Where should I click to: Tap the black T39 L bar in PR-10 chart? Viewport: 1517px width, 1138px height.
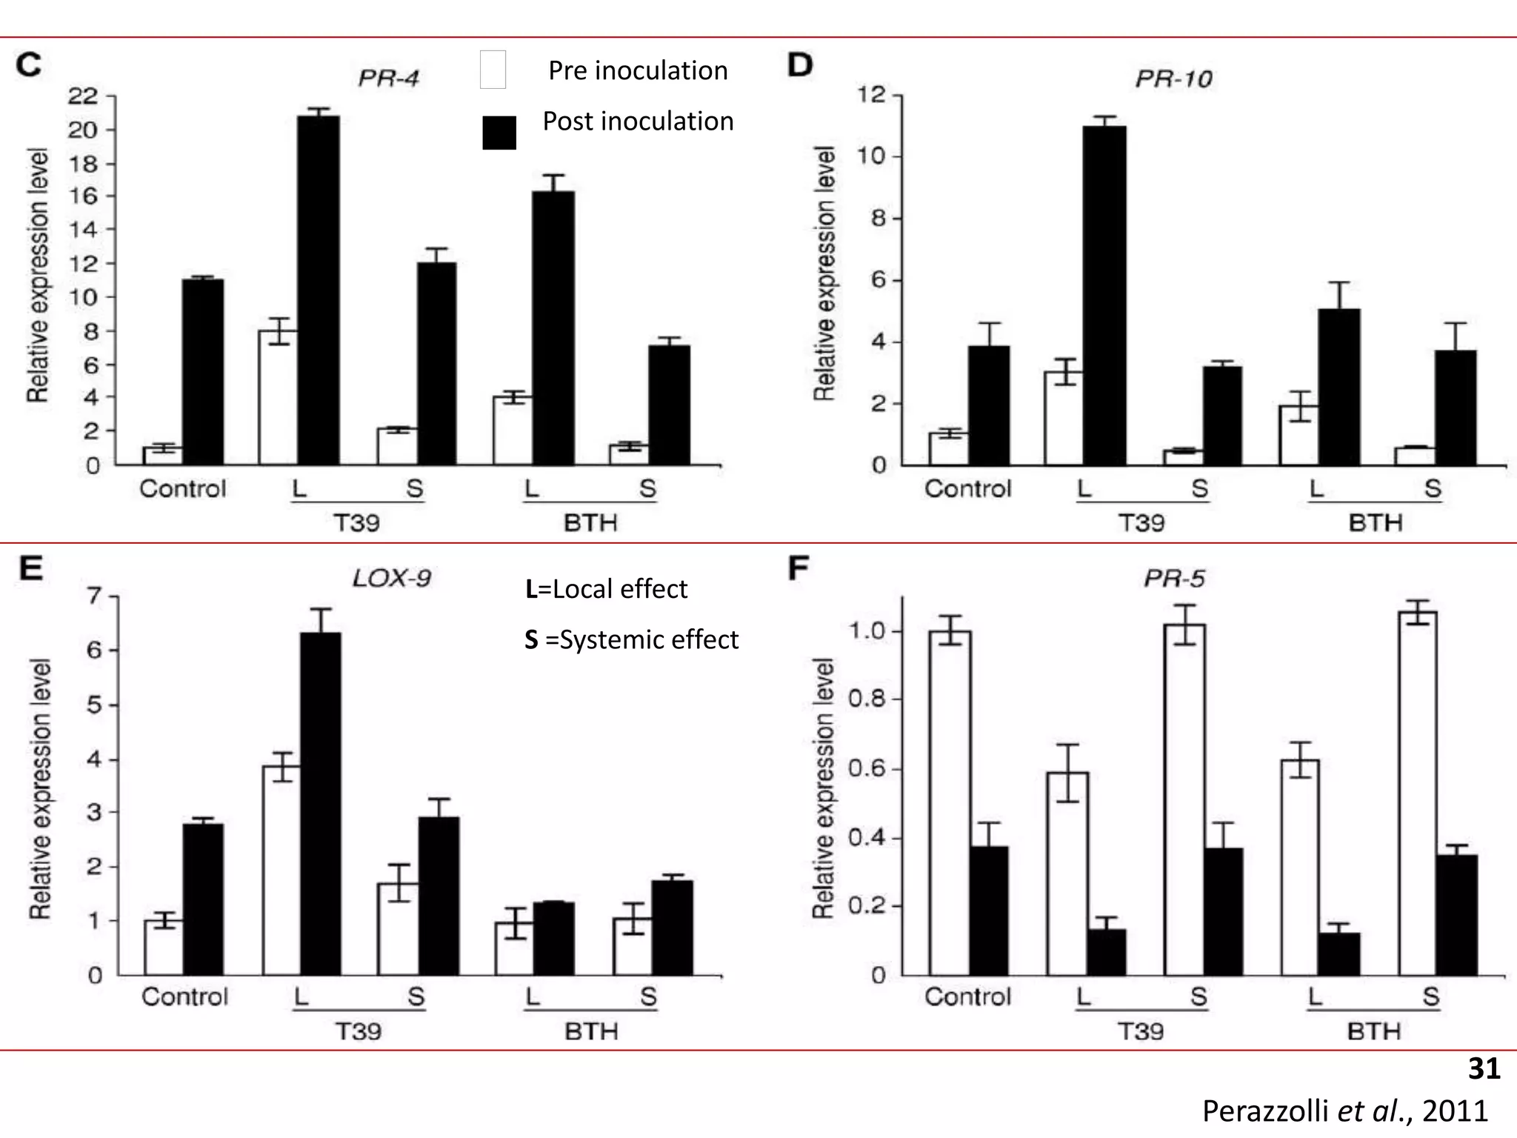coord(1104,296)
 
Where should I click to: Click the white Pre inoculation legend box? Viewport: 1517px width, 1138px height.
coord(493,70)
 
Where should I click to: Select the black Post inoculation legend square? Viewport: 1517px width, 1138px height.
coord(499,133)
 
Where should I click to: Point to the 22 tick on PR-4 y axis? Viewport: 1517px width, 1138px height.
coord(82,96)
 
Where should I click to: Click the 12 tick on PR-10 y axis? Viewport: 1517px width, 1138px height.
coord(871,95)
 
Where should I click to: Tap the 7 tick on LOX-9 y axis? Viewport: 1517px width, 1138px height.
coord(95,596)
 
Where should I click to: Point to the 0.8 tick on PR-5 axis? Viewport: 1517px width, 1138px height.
coord(867,699)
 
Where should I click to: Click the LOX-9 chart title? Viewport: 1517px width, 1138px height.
coord(391,578)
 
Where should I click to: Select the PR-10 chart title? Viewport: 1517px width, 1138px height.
coord(1173,79)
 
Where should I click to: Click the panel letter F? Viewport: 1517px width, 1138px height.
coord(798,569)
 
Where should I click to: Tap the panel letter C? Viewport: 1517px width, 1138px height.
coord(29,65)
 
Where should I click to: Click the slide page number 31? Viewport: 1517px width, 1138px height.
coord(1484,1068)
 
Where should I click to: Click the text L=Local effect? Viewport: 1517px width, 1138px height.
coord(606,589)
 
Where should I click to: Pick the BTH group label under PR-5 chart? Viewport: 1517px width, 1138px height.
coord(1374,1031)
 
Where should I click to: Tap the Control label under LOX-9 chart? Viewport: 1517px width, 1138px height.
coord(184,996)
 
